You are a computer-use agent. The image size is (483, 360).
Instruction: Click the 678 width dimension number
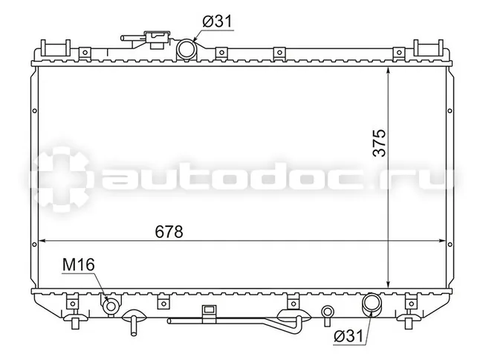(x=169, y=231)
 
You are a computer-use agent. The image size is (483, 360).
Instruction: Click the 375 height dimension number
(x=379, y=143)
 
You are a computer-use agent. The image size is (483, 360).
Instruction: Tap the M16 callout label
(x=78, y=265)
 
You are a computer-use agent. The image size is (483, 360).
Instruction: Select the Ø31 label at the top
(x=217, y=22)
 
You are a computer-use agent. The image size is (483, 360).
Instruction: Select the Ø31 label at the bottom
(x=349, y=336)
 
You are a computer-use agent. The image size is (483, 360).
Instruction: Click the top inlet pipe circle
(x=186, y=48)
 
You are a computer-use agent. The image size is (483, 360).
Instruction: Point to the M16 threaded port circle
(x=111, y=305)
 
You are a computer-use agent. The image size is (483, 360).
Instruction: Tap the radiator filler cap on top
(x=158, y=39)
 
